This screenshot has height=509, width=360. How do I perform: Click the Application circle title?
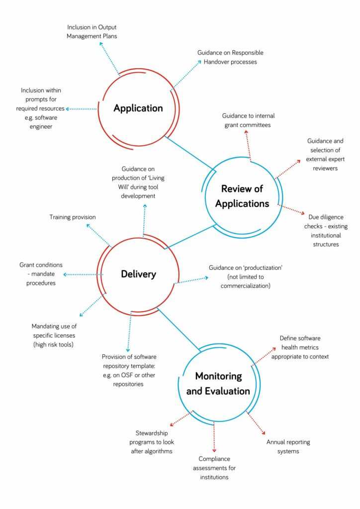pos(138,108)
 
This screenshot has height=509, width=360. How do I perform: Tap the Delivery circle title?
pos(138,274)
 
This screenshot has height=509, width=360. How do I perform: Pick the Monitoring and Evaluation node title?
pos(218,383)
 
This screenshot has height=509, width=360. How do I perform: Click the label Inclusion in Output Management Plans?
pos(92,32)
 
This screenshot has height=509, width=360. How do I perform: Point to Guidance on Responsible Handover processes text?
pos(230,57)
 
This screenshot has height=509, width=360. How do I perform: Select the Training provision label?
pos(73,217)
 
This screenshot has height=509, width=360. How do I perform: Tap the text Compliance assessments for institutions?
pos(214,468)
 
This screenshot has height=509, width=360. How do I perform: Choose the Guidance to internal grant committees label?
pos(248,120)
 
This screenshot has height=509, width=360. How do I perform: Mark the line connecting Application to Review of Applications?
pos(189,153)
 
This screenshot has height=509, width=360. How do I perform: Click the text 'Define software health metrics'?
pos(300,347)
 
